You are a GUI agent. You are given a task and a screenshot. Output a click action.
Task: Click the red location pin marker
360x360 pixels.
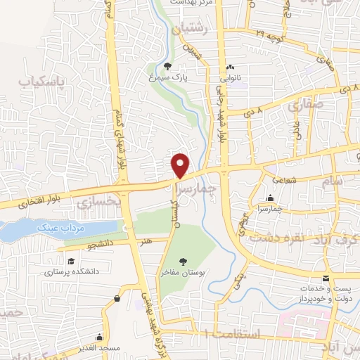(x=181, y=165)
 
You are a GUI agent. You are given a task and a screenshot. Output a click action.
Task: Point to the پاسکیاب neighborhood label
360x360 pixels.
(x=41, y=82)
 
